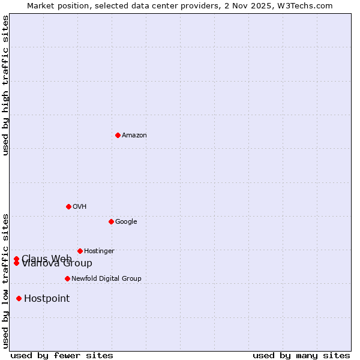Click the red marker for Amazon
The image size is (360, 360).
(x=118, y=135)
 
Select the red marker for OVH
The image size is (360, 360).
(x=68, y=206)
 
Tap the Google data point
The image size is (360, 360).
(x=111, y=221)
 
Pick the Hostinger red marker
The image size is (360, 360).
(x=80, y=251)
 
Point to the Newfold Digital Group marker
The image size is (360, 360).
(x=67, y=278)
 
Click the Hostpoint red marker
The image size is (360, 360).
(x=19, y=298)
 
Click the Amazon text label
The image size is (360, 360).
(x=134, y=136)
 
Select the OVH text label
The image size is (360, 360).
(x=80, y=207)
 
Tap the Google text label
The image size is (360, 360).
(x=126, y=222)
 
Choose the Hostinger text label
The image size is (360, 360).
(x=99, y=251)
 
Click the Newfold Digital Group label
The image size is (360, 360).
(x=106, y=279)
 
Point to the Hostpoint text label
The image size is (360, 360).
(x=47, y=299)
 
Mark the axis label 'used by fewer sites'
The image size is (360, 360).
(x=62, y=356)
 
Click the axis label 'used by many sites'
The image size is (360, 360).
(x=301, y=356)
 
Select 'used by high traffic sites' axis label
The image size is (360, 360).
(x=5, y=85)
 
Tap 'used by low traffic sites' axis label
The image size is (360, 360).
(x=5, y=280)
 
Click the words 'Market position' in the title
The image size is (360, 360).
(x=55, y=5)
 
